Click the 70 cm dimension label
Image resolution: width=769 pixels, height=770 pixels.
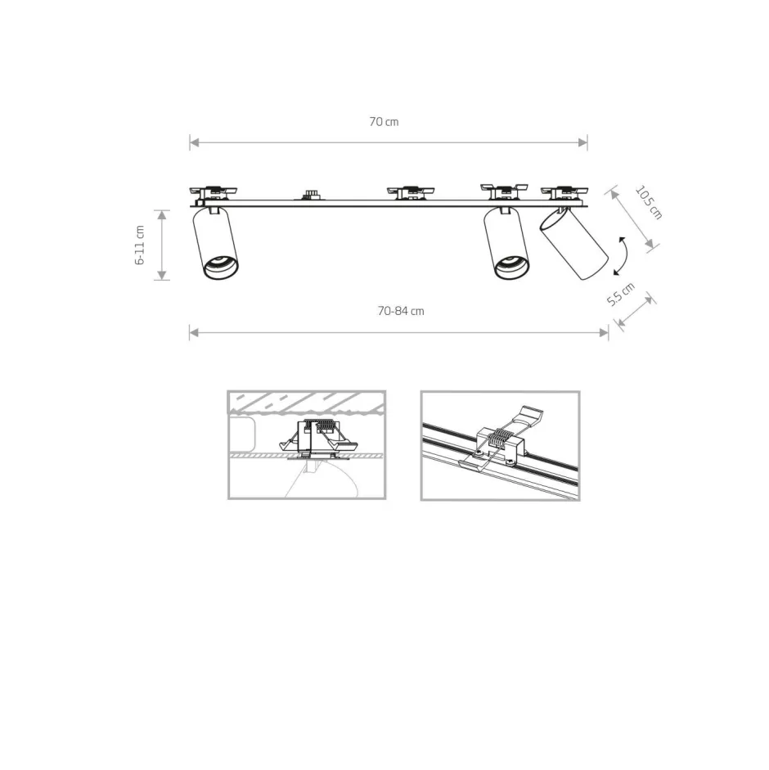tap(384, 122)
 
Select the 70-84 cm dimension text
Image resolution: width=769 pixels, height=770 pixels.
tap(401, 311)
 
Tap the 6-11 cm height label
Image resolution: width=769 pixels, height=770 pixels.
tap(140, 245)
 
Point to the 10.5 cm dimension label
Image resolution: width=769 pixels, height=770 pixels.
tap(649, 202)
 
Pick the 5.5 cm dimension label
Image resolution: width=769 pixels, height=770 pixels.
tap(621, 294)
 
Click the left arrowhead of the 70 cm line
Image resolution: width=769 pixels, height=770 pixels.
tap(194, 143)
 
